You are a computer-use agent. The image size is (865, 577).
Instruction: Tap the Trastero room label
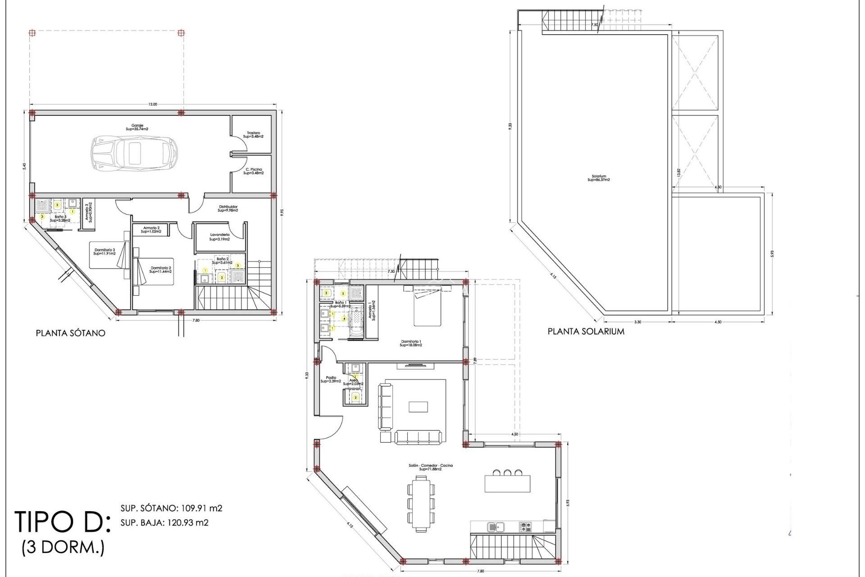(253, 134)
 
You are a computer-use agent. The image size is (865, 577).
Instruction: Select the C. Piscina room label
(254, 171)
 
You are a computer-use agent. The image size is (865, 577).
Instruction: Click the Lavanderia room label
(220, 237)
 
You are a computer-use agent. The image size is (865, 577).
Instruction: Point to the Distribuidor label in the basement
(228, 208)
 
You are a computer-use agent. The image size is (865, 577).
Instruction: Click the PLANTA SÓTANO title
(71, 333)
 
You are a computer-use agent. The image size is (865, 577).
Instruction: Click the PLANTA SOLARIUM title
(586, 331)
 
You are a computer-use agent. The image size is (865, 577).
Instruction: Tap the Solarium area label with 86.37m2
(599, 178)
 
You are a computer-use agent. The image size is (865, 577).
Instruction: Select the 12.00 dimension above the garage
(153, 105)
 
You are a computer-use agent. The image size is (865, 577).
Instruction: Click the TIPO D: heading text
(62, 522)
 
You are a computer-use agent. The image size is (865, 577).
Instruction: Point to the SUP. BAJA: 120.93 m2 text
(164, 523)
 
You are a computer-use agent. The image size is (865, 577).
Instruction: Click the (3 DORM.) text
(63, 547)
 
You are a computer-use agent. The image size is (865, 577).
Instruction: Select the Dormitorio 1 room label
(410, 343)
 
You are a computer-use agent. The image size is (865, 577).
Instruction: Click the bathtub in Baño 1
(356, 321)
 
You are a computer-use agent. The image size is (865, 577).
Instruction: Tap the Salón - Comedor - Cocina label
(430, 467)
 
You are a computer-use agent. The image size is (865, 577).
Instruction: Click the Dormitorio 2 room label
(160, 270)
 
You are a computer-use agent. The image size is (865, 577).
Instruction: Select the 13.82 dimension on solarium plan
(678, 172)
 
